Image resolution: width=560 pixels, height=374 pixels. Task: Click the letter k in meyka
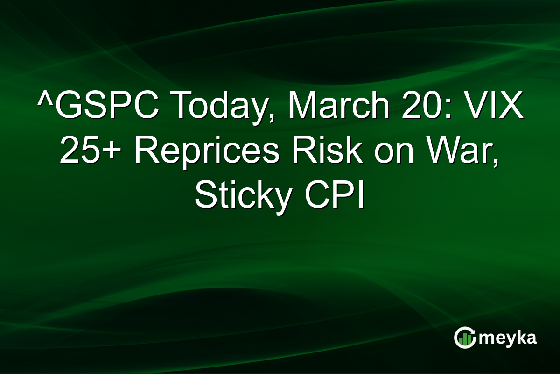(x=520, y=337)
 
